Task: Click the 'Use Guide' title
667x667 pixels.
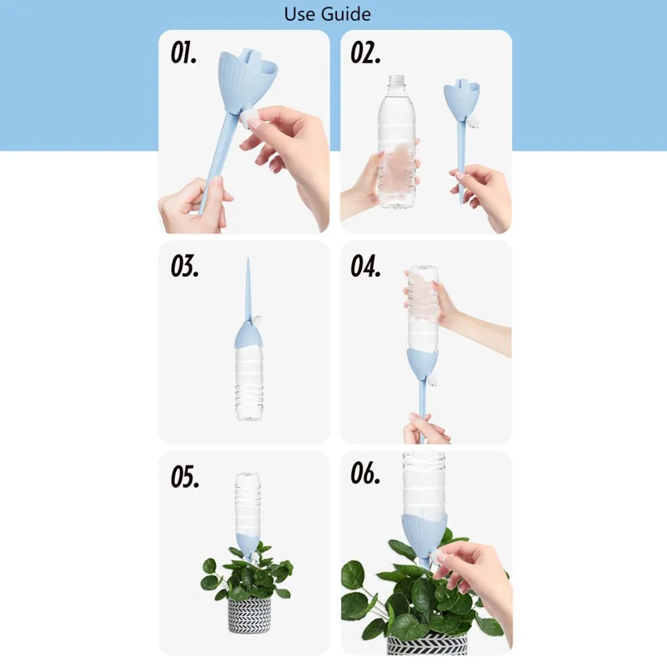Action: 327,14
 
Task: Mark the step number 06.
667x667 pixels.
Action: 366,476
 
